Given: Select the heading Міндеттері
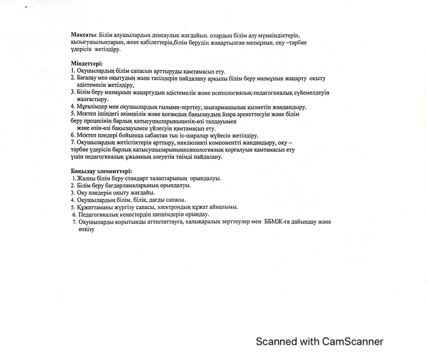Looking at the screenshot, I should (x=86, y=63).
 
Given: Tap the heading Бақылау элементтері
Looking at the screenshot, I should (x=101, y=171).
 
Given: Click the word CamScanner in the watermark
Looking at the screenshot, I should (x=353, y=342).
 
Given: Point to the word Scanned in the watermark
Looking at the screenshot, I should (x=276, y=342).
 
